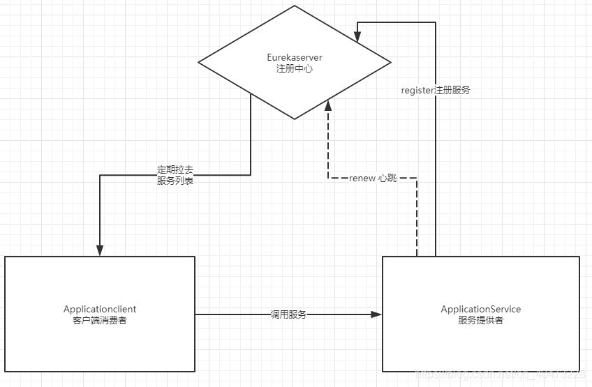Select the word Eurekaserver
[x=295, y=57]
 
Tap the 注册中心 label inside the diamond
[x=295, y=68]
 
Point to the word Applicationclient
[x=100, y=309]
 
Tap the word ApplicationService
[x=481, y=309]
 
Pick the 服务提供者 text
[x=481, y=320]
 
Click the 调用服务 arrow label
[x=288, y=314]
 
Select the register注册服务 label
[x=436, y=90]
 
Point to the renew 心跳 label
[x=373, y=179]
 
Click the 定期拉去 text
[x=175, y=169]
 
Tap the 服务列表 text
[x=175, y=181]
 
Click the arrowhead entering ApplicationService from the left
[x=378, y=314]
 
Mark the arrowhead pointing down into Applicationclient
[x=100, y=250]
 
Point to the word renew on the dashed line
[x=362, y=179]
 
